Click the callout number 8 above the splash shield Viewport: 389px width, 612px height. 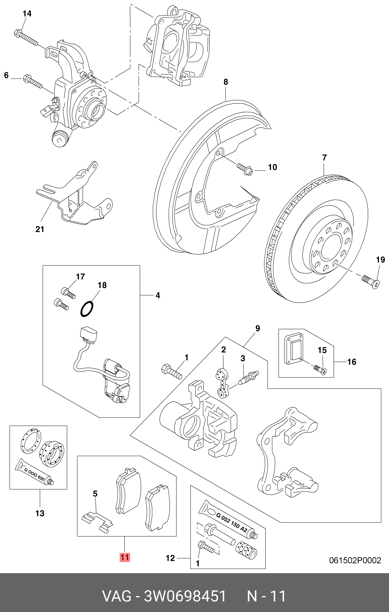pos(226,82)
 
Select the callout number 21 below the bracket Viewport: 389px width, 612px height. pos(40,229)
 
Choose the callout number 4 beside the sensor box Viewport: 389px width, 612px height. pos(158,295)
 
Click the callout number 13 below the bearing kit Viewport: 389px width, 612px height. pos(40,513)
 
